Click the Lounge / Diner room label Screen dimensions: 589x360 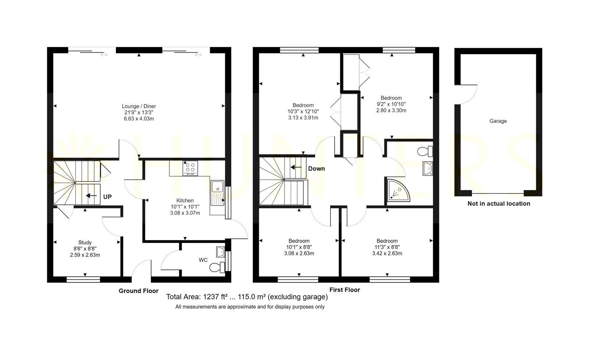(139, 106)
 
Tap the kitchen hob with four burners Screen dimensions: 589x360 (190, 168)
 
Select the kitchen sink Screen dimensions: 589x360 (217, 193)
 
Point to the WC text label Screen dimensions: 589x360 (203, 260)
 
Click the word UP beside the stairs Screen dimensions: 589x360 (107, 197)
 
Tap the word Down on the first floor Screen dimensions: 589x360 (316, 169)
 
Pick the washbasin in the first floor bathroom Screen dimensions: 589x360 (428, 168)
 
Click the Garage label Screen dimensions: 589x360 (498, 121)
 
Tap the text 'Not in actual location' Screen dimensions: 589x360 (499, 204)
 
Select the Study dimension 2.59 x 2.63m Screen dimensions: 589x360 (85, 255)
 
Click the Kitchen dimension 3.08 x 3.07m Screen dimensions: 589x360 (185, 213)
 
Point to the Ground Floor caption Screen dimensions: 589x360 (138, 291)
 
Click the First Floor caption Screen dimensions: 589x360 (345, 290)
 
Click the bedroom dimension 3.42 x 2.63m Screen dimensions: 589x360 (387, 254)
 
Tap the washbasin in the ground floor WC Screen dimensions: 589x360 (221, 252)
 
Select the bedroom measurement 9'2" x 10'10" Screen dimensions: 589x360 (391, 104)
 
